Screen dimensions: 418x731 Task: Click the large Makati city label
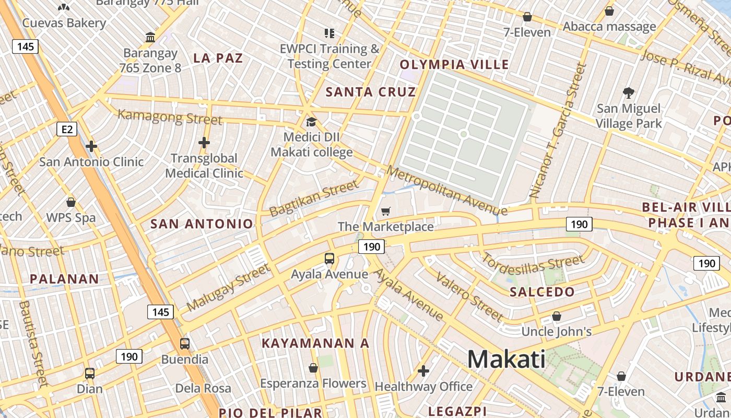[x=506, y=359]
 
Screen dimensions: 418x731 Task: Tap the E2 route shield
[x=67, y=129]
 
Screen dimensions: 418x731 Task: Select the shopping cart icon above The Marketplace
[x=385, y=211]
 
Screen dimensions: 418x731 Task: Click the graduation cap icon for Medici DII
[x=311, y=122]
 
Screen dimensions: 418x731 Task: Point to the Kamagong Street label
[x=170, y=117]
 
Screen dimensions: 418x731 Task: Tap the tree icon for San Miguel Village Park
[x=629, y=94]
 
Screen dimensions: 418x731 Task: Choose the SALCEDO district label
[x=542, y=292]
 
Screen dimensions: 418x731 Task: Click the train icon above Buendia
[x=184, y=344]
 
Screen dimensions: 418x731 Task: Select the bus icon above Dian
[x=90, y=373]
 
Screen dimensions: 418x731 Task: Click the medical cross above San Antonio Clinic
[x=91, y=146]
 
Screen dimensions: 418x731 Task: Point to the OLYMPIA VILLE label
[x=454, y=65]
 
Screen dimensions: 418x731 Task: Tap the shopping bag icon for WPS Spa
[x=71, y=202]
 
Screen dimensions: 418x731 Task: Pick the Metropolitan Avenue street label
[x=446, y=191]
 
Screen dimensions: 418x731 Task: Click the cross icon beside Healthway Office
[x=423, y=371]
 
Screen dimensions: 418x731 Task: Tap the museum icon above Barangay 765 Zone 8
[x=151, y=37]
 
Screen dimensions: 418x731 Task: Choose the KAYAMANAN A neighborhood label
[x=315, y=343]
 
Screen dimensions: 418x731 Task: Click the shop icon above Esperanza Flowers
[x=313, y=368]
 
